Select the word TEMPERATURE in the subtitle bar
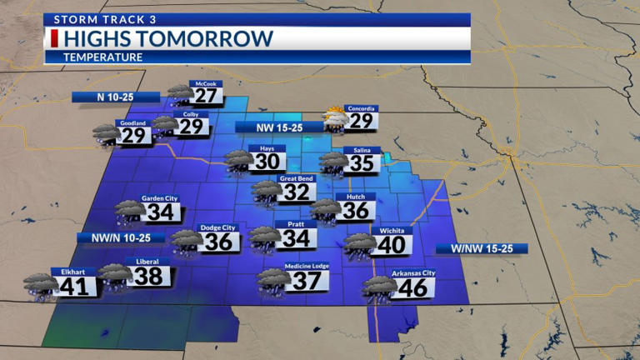click(x=102, y=57)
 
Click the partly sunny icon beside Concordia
click(x=335, y=119)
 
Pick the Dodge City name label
click(x=218, y=227)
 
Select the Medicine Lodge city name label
click(x=307, y=266)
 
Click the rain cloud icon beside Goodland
click(x=106, y=134)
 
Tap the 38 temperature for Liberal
click(x=150, y=276)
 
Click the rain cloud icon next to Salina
click(x=334, y=162)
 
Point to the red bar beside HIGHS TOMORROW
click(x=55, y=38)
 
